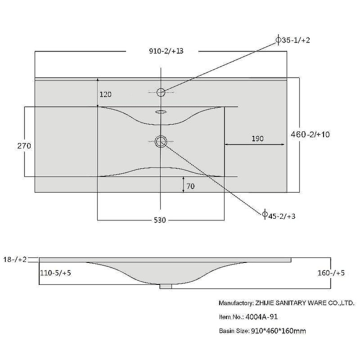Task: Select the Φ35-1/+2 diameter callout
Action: click(293, 40)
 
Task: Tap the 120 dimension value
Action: click(105, 94)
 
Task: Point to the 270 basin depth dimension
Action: click(24, 146)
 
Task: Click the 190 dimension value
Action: click(257, 139)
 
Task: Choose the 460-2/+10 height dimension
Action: click(310, 134)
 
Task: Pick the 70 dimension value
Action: click(190, 186)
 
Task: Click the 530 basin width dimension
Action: click(160, 220)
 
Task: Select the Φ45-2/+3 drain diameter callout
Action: click(279, 216)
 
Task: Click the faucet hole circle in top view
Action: click(161, 92)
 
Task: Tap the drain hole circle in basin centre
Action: click(161, 142)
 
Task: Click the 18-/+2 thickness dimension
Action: click(15, 260)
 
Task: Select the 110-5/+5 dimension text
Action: click(56, 273)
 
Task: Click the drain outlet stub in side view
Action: click(166, 285)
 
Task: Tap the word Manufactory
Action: click(235, 303)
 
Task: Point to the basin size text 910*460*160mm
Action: click(279, 331)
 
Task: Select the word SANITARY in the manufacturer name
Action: click(295, 303)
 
